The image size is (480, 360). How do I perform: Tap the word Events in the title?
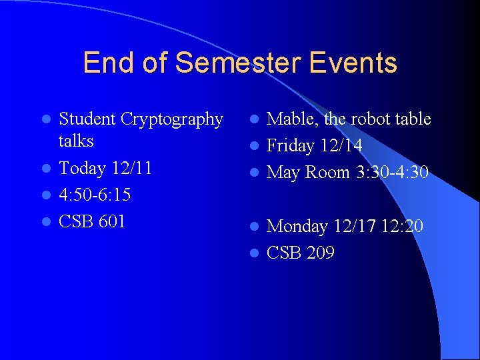pos(353,63)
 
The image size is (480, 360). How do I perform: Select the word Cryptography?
pos(172,119)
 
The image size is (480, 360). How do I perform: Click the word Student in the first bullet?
pos(87,119)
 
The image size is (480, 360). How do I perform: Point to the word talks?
pos(76,141)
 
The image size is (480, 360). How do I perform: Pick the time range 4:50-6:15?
pos(95,195)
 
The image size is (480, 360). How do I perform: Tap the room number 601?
pos(112,221)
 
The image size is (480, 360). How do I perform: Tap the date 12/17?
pos(352,227)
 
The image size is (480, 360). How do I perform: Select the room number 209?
pos(321,253)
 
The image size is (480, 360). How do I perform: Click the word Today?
pos(81,168)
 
